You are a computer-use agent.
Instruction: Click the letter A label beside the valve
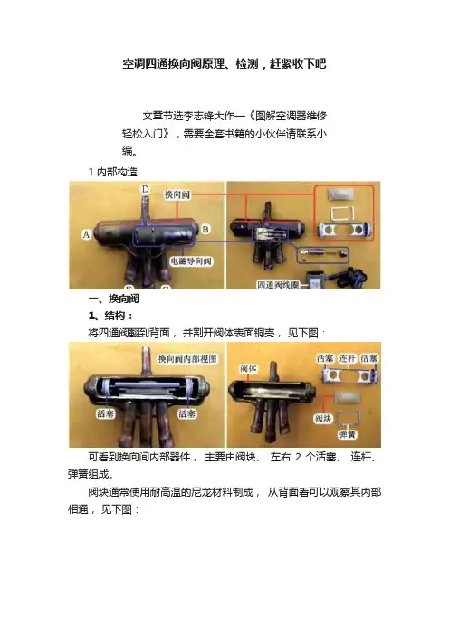pos(86,234)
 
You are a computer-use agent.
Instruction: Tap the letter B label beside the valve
pos(205,229)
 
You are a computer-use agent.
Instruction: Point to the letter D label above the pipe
pos(145,189)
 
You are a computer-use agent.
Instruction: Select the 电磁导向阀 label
pos(191,261)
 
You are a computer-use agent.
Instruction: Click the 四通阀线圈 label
pos(278,285)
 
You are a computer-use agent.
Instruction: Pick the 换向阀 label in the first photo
pos(177,194)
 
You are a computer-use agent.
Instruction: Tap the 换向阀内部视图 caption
pos(187,359)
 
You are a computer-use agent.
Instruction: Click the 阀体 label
pos(248,368)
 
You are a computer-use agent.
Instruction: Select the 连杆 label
pos(348,358)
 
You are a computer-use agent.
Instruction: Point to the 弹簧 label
pos(347,434)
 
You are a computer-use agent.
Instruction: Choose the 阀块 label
pos(323,418)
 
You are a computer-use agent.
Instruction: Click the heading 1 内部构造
pos(112,172)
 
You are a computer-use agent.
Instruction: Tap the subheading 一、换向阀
pos(114,299)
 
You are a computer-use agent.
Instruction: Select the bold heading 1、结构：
pos(110,316)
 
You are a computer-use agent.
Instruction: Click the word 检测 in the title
pos(247,63)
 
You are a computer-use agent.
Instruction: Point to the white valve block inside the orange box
pos(340,194)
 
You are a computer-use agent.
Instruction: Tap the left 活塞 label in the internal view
pos(105,413)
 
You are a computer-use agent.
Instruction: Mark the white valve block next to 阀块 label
pos(347,397)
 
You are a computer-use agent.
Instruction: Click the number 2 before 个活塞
pos(298,457)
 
